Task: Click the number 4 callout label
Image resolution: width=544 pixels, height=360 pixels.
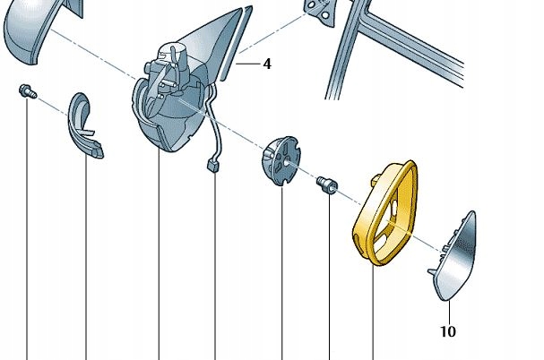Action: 266,64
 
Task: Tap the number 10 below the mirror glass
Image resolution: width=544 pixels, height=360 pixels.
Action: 448,331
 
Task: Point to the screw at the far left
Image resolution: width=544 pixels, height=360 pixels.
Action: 26,91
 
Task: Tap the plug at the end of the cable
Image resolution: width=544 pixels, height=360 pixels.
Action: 214,165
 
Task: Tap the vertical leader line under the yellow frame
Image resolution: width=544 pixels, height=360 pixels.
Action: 372,313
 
